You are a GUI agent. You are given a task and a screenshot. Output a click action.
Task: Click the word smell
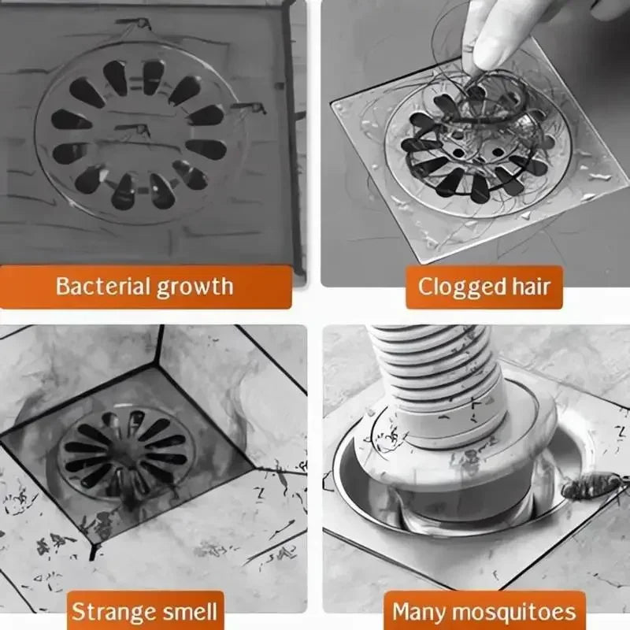pos(187,611)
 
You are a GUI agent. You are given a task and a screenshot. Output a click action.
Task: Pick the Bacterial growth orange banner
pos(145,286)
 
